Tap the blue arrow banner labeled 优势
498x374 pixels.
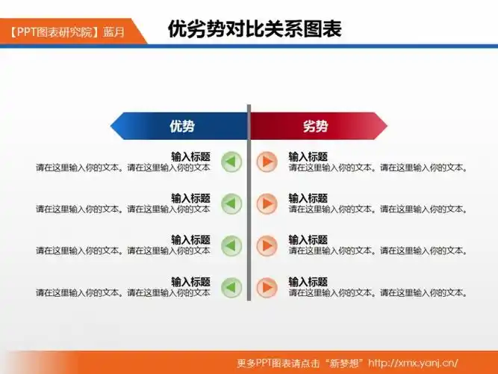(179, 126)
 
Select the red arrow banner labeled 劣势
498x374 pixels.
(317, 126)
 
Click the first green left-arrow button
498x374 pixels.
(231, 162)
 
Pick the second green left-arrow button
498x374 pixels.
(231, 203)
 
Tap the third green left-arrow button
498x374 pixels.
(231, 245)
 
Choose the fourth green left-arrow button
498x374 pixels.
(231, 287)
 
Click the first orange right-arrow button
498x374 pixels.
(266, 162)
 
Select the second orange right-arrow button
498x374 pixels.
(266, 203)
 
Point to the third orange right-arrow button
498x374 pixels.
(266, 245)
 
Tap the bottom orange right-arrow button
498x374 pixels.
(266, 287)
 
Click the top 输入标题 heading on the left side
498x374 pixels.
(190, 157)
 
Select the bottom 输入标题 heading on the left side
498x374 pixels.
(190, 282)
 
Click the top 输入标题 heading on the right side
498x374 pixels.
(308, 157)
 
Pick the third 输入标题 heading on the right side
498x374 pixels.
(308, 240)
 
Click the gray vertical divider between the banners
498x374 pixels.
(249, 224)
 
